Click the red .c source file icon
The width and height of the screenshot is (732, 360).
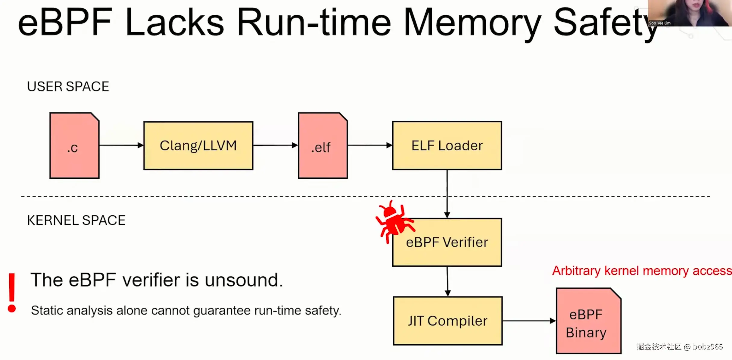coord(74,146)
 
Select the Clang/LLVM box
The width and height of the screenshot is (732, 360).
coord(198,146)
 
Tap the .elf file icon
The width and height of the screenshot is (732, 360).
coord(322,146)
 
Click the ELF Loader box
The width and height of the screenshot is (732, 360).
coord(447,146)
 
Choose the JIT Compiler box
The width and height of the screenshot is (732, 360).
coord(448,321)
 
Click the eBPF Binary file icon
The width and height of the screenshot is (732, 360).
coord(588,321)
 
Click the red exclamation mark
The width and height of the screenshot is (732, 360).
coord(12,292)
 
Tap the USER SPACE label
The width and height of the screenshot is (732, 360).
coord(68,87)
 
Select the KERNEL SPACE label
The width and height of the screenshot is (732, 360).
coord(76,220)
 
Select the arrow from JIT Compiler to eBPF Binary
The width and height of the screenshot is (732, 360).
coord(529,321)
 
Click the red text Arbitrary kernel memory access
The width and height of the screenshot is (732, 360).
coord(641,271)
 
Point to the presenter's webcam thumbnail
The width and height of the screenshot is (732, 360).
coord(690,13)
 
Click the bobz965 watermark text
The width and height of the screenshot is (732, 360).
coord(708,347)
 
